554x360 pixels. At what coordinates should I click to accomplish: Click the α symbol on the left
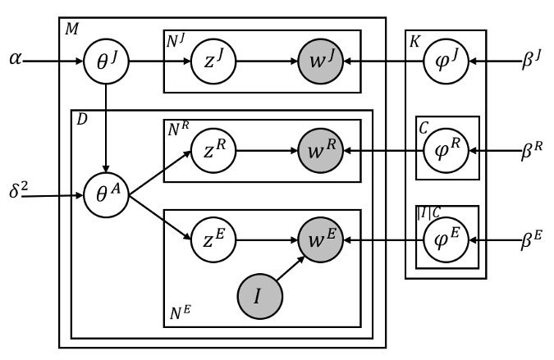tap(16, 60)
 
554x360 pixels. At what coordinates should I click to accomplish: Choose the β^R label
tap(534, 151)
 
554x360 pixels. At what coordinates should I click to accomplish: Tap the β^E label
tap(534, 240)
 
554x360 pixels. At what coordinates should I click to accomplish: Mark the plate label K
tap(415, 40)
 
